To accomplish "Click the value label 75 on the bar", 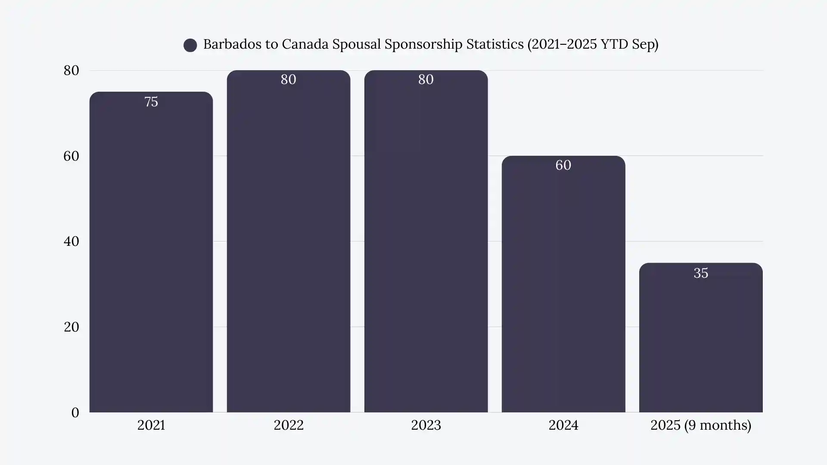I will pos(151,102).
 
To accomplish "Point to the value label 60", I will pos(563,165).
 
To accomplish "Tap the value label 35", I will pos(701,273).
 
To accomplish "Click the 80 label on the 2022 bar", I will pos(288,80).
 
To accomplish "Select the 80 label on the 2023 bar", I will pos(426,80).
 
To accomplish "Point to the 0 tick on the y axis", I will pos(75,412).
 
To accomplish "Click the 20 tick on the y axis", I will pos(72,327).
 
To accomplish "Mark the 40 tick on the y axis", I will pos(72,242).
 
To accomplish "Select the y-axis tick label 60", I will pos(72,156).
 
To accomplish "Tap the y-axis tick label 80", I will pos(72,71).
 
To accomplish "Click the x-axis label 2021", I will pos(151,425).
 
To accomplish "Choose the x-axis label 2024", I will pos(563,425).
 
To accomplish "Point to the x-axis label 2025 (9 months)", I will pos(700,425).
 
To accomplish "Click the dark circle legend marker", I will pos(190,45).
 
